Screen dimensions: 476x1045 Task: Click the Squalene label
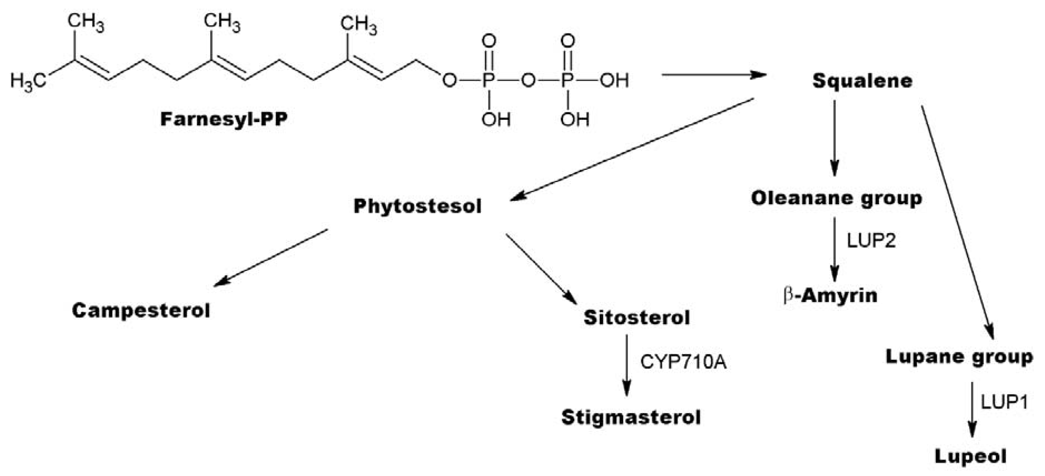pos(862,81)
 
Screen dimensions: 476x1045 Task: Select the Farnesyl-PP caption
pos(224,119)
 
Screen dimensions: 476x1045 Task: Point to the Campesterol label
pos(141,310)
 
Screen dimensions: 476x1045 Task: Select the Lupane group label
pos(959,357)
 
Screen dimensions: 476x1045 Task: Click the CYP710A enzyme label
pos(683,362)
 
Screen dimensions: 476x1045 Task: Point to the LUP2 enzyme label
pos(871,241)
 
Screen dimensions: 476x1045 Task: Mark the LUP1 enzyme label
pos(1004,402)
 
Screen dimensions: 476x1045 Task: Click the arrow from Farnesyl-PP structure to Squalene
pos(714,75)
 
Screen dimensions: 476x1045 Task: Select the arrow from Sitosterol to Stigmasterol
pos(627,365)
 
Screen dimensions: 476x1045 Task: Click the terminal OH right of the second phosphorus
pos(614,80)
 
